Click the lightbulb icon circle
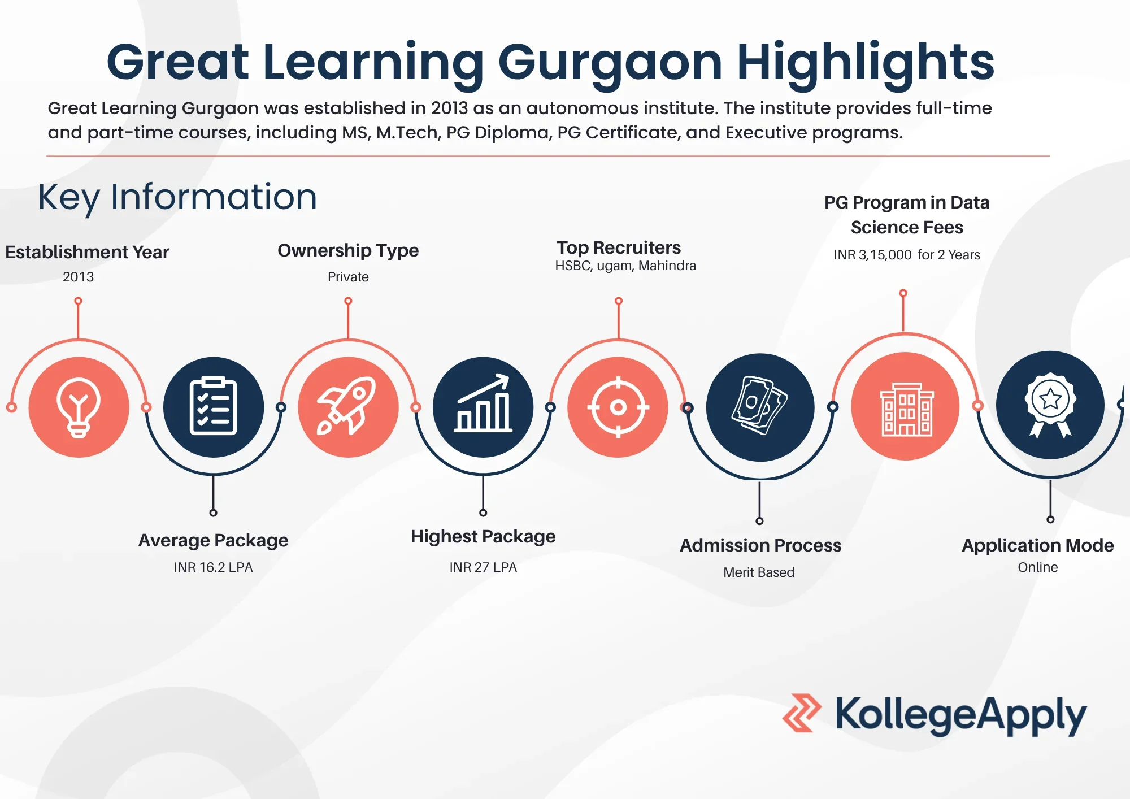click(x=79, y=407)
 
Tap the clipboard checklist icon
click(x=213, y=407)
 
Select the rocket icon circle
click(x=348, y=407)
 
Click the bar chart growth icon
click(x=483, y=407)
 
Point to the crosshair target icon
click(x=618, y=407)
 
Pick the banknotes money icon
click(x=760, y=407)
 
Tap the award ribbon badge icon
click(x=1050, y=405)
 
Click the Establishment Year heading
click(x=87, y=252)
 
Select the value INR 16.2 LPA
click(x=213, y=567)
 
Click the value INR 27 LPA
click(x=483, y=567)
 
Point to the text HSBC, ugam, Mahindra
click(x=625, y=266)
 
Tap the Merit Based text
click(x=759, y=572)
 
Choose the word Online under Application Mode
click(x=1037, y=567)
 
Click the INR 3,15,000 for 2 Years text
click(x=907, y=255)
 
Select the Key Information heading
click(x=177, y=197)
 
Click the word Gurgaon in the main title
click(x=610, y=63)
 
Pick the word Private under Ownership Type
click(x=348, y=277)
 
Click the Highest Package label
click(x=483, y=536)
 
